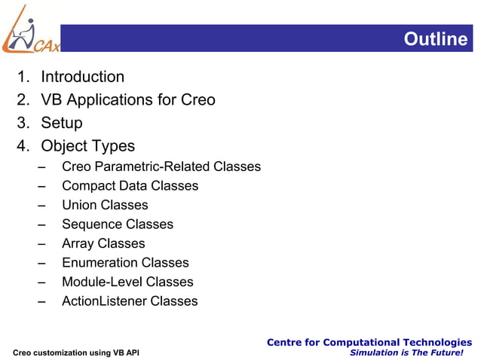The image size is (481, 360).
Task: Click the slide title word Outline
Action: (x=435, y=39)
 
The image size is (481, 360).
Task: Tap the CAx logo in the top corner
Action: (x=30, y=30)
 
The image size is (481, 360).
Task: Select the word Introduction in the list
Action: (x=82, y=77)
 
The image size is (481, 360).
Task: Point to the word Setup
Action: (x=61, y=123)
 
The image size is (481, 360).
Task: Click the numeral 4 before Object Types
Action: (x=22, y=146)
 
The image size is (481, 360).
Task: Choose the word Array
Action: (x=78, y=243)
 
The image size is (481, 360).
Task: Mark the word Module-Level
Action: (x=102, y=282)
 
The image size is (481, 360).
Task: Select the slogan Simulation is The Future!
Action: (x=411, y=352)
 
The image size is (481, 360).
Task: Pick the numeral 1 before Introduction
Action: (x=22, y=77)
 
